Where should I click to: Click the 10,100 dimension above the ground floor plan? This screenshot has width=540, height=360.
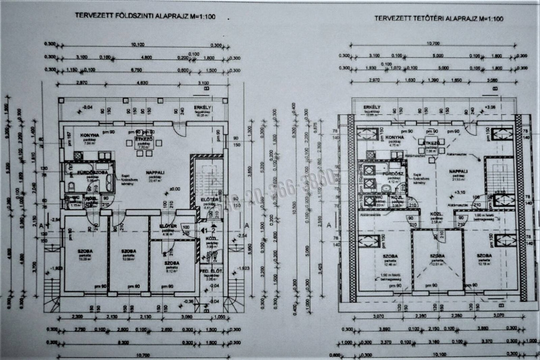coord(138,45)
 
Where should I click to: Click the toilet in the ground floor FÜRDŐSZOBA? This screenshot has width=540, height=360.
coord(70,186)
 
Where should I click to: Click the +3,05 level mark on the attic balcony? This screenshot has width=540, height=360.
coord(490,106)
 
